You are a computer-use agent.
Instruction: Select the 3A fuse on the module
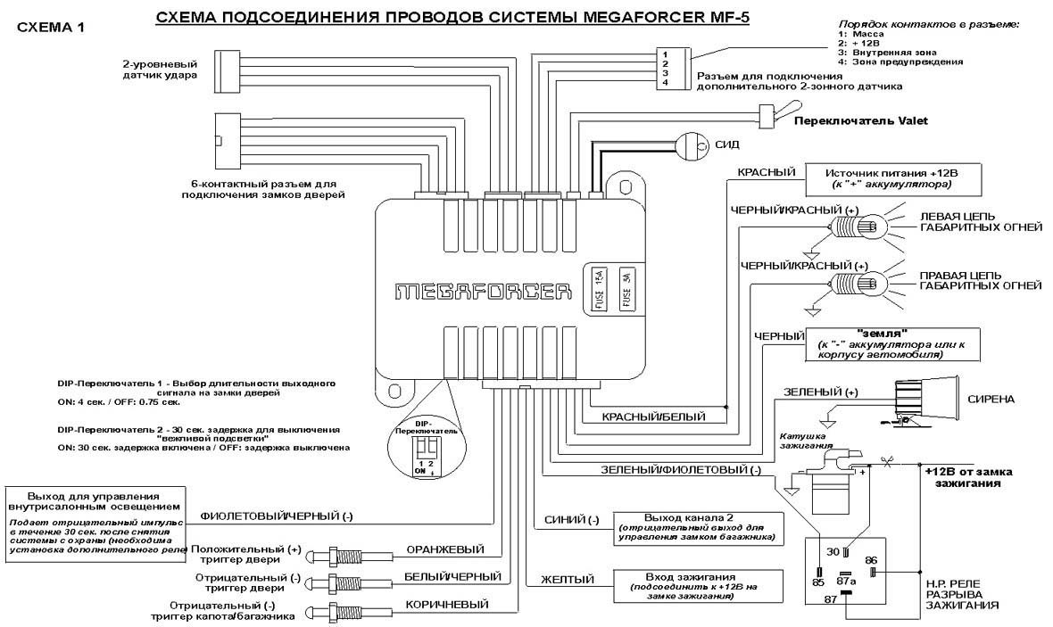coord(626,291)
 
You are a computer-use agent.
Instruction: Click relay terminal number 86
coord(871,561)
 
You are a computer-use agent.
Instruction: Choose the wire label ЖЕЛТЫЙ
coord(568,580)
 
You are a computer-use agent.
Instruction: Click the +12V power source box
coord(878,176)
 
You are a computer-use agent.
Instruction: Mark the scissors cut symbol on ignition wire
coord(886,462)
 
